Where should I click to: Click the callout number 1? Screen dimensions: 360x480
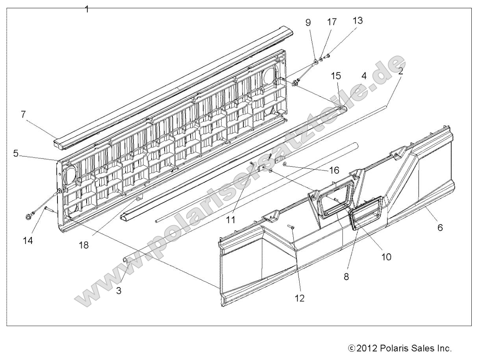[x=87, y=9]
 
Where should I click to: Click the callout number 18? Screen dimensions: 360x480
[x=83, y=245]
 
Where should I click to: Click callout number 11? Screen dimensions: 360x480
[x=231, y=220]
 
